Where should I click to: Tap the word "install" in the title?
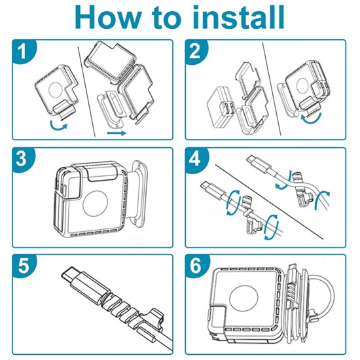click(x=238, y=17)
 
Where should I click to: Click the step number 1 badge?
click(x=23, y=52)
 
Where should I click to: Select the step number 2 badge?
click(x=196, y=52)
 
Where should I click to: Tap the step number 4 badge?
click(x=196, y=159)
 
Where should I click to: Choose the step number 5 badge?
click(x=23, y=266)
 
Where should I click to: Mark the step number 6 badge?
click(x=196, y=266)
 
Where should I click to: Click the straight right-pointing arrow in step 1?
click(x=117, y=133)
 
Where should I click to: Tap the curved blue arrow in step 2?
click(x=311, y=118)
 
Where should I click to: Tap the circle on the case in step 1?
click(x=56, y=90)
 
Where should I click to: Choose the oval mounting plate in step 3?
click(x=137, y=193)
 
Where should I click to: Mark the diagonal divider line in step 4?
click(x=269, y=202)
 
